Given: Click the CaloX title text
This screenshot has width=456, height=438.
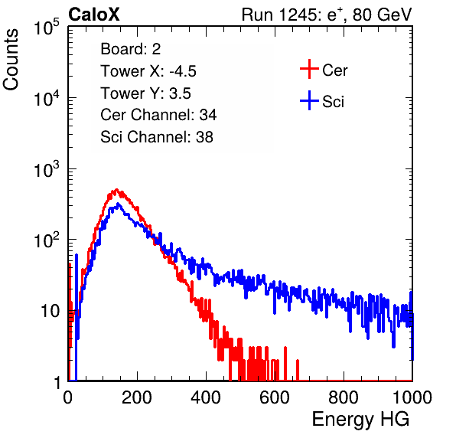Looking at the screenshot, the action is click(x=94, y=15).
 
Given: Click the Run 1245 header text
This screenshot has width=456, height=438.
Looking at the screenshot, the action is click(x=327, y=15).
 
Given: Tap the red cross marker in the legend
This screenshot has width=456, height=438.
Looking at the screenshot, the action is click(x=309, y=69).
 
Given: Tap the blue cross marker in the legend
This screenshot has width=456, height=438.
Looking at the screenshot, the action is click(x=309, y=100).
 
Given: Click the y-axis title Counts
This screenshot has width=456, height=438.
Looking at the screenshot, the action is click(x=11, y=60).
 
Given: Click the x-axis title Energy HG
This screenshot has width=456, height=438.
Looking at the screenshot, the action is click(x=360, y=419).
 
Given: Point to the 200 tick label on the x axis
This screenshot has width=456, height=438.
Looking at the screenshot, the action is click(x=137, y=397).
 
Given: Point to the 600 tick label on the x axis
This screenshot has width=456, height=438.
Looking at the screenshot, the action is click(x=275, y=397).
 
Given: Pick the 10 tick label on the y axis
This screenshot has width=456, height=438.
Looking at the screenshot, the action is click(x=50, y=311).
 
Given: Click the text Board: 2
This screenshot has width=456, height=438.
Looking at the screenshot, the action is click(x=131, y=49).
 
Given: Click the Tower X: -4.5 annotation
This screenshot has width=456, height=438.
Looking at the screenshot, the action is click(x=148, y=71).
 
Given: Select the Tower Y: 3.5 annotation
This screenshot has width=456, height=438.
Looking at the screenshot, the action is click(x=145, y=93).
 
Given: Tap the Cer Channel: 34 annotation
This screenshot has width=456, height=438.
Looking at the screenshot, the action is click(x=158, y=115).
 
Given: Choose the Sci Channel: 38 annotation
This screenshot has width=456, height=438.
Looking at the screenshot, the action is click(x=157, y=137).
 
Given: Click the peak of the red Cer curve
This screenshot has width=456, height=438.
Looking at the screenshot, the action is click(x=116, y=190).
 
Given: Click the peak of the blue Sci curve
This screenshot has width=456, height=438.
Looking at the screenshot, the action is click(x=118, y=204).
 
